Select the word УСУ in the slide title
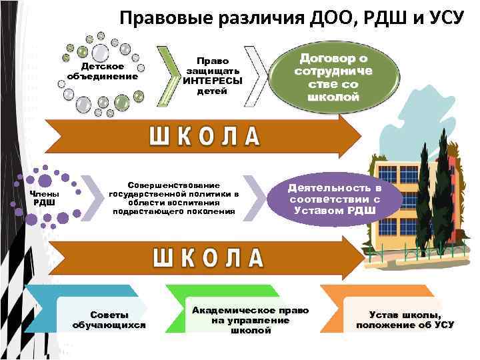point(441,17)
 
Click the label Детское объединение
point(102,71)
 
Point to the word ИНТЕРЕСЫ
point(213,81)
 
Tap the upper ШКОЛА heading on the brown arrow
point(203,136)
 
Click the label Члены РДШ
point(45,198)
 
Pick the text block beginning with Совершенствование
point(173,198)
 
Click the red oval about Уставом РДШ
point(333,199)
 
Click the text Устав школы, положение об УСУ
point(405,320)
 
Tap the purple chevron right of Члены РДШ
point(92,197)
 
